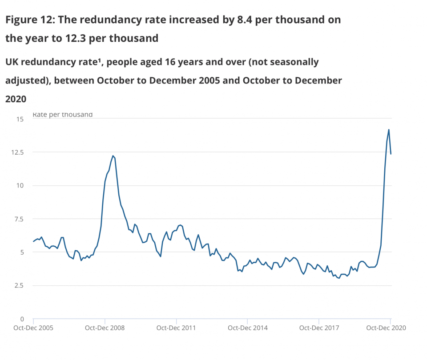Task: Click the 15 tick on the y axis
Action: pyautogui.click(x=19, y=119)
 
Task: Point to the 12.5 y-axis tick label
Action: pyautogui.click(x=17, y=152)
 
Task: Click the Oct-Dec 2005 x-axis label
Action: pyautogui.click(x=34, y=328)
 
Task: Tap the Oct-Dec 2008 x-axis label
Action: pyautogui.click(x=105, y=328)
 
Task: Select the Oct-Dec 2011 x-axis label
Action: pyautogui.click(x=177, y=328)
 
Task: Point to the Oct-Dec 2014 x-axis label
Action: pyautogui.click(x=248, y=328)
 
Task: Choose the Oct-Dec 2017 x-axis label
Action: pyautogui.click(x=319, y=328)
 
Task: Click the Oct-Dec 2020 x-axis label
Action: pyautogui.click(x=386, y=328)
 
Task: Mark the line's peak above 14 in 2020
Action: pyautogui.click(x=389, y=130)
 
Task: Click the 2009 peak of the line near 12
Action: pyautogui.click(x=113, y=156)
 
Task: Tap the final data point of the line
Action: pyautogui.click(x=391, y=154)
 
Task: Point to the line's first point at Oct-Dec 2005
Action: pyautogui.click(x=33, y=241)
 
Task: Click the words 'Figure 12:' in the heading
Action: pyautogui.click(x=30, y=20)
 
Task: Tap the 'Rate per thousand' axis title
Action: pyautogui.click(x=62, y=115)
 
